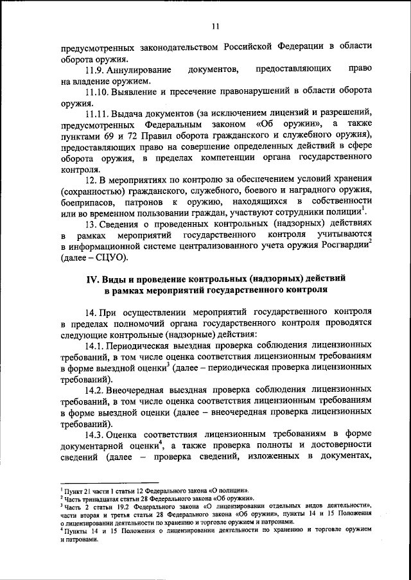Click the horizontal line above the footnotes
click(109, 484)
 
